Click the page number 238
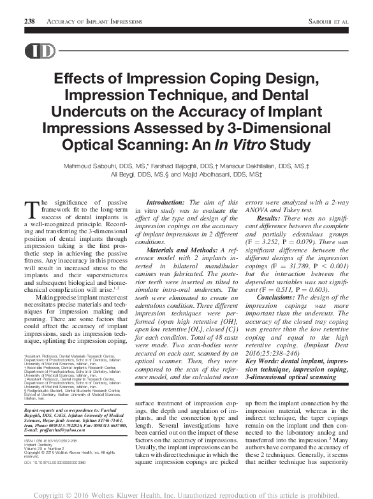(x=29, y=21)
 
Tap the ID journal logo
(x=39, y=52)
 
